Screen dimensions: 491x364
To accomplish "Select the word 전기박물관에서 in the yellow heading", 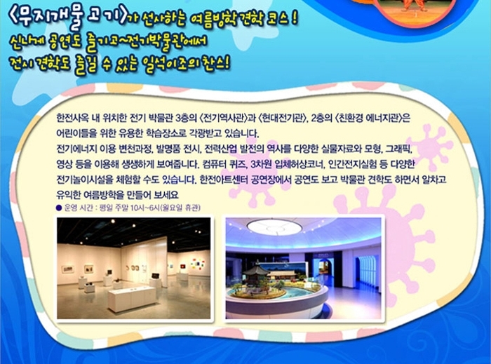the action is [162, 42].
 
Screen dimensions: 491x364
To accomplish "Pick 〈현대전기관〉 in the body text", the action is [283, 118].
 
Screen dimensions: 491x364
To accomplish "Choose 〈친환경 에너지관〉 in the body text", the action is [369, 118].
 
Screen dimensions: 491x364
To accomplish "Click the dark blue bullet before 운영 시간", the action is [58, 208].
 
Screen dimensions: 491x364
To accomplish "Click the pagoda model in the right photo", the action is [256, 274].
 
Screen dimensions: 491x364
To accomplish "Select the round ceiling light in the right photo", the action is [274, 227].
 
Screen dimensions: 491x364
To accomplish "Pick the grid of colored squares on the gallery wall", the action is [197, 264].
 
